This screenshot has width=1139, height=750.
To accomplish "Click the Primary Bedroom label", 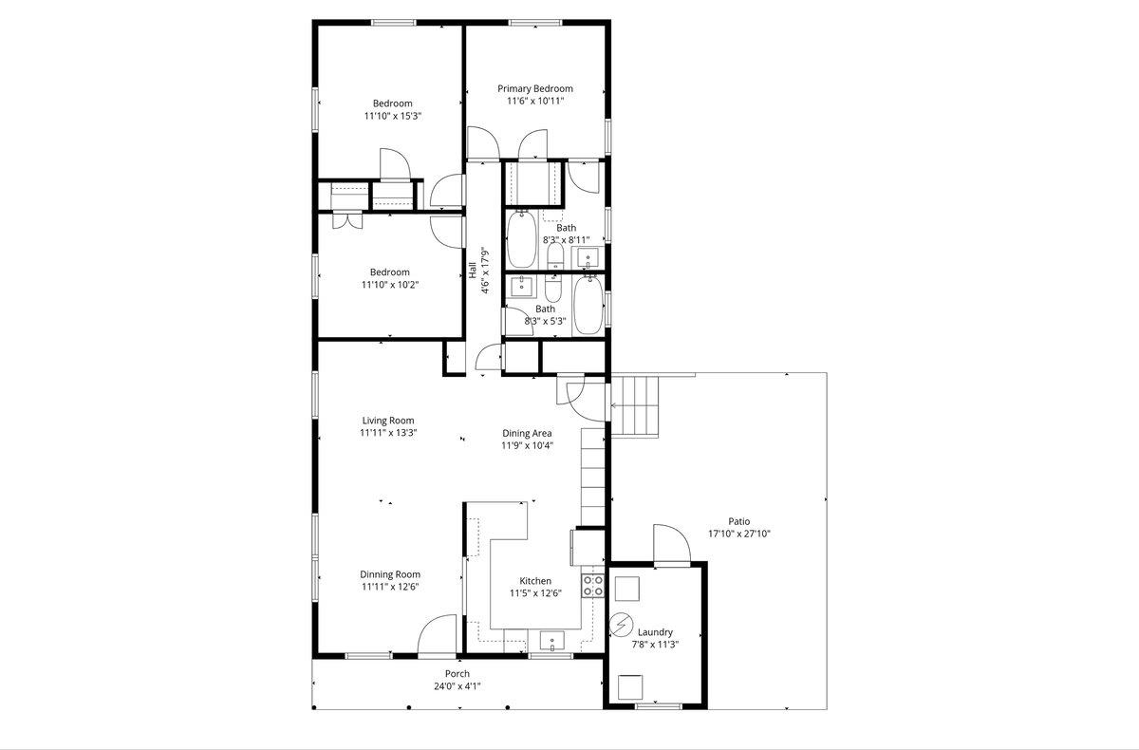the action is coord(535,88).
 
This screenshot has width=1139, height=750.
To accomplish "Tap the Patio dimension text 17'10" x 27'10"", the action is coord(739,534).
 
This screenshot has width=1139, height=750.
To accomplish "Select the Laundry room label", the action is coord(655,632).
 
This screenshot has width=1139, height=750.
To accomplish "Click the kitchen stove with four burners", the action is coord(593,585).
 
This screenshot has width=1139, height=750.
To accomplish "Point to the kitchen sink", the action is coord(551,641).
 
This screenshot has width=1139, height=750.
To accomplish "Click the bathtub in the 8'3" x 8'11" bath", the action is coord(521,239).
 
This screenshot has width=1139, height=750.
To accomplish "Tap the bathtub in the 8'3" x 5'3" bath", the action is coord(588,305).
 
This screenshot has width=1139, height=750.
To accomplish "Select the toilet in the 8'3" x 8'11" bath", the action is coord(556,255).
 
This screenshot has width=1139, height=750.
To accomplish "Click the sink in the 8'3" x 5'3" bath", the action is coord(522,286).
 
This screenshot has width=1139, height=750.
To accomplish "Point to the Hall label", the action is coord(473,270).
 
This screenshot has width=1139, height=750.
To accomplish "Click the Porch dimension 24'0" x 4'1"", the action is coord(457,686).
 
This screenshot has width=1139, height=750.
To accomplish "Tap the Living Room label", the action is coord(388,421).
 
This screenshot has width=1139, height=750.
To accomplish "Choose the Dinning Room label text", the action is coord(390,574).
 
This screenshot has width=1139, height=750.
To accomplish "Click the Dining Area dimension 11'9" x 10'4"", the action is coord(528,445).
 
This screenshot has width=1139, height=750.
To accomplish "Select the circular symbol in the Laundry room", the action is coord(621,625).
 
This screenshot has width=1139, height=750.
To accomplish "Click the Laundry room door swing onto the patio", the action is coord(672,544).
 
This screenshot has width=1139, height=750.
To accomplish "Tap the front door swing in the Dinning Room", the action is coord(437,634).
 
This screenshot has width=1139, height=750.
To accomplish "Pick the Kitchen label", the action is coord(535,581).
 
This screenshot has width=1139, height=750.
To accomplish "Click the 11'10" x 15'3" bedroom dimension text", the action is coord(393,116).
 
